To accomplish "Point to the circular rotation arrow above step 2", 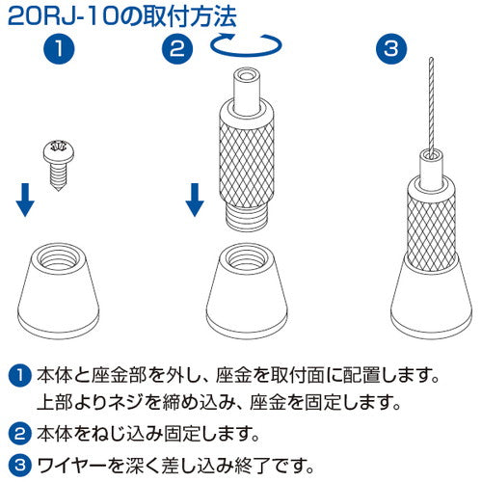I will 247,44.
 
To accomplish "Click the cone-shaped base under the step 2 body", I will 248,288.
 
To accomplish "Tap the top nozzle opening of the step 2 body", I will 248,76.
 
